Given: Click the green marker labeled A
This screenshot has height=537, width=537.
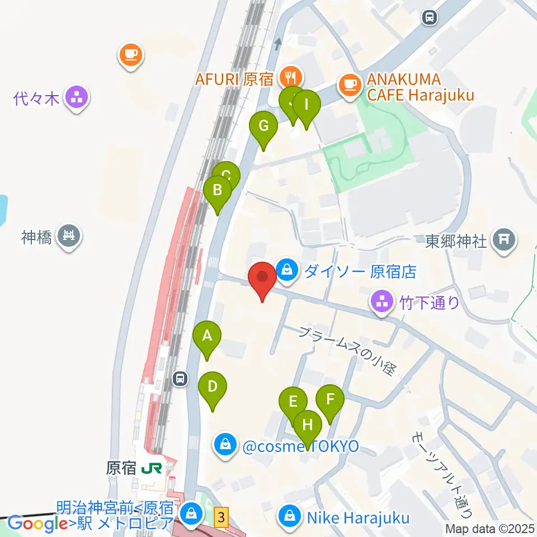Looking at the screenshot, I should pyautogui.click(x=207, y=337).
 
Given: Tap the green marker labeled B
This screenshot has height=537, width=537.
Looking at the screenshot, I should pyautogui.click(x=218, y=191).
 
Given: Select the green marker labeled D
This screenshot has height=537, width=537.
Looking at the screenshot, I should pyautogui.click(x=213, y=387).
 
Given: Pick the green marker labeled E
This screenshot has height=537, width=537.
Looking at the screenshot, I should pyautogui.click(x=293, y=402).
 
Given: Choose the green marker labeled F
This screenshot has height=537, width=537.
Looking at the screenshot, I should pyautogui.click(x=330, y=400).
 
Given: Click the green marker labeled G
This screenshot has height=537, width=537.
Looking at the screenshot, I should pyautogui.click(x=263, y=126).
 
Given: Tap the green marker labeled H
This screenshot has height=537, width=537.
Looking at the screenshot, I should pyautogui.click(x=307, y=425).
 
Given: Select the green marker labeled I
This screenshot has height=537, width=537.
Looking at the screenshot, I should pyautogui.click(x=306, y=105).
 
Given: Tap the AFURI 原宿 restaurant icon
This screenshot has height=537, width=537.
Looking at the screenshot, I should pyautogui.click(x=290, y=76).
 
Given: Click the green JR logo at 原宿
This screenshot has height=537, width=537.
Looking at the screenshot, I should pyautogui.click(x=152, y=468).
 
